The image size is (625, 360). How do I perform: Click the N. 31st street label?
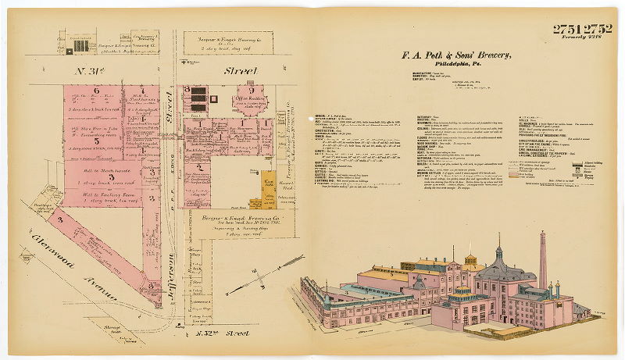tap(84, 72)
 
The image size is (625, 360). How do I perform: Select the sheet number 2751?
tap(567, 30)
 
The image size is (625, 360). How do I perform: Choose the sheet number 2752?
tap(598, 30)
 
